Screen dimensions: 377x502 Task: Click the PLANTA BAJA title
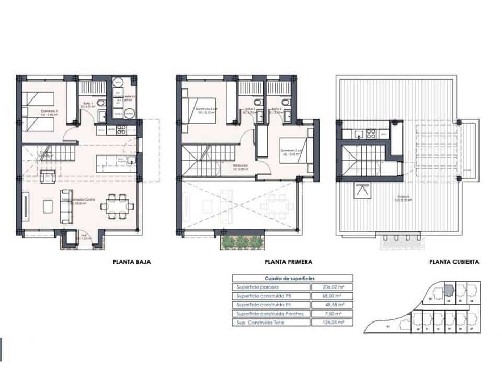pyautogui.click(x=132, y=262)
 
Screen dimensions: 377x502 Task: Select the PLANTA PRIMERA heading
pyautogui.click(x=289, y=262)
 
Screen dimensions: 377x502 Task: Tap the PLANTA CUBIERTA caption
pyautogui.click(x=454, y=262)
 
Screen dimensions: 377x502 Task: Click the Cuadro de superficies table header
pyautogui.click(x=292, y=278)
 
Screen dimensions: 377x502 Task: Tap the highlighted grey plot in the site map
pyautogui.click(x=449, y=291)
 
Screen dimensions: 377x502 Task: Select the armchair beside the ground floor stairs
pyautogui.click(x=49, y=177)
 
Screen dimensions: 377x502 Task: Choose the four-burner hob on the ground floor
pyautogui.click(x=121, y=128)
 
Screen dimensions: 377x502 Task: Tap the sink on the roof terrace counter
pyautogui.click(x=358, y=135)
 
